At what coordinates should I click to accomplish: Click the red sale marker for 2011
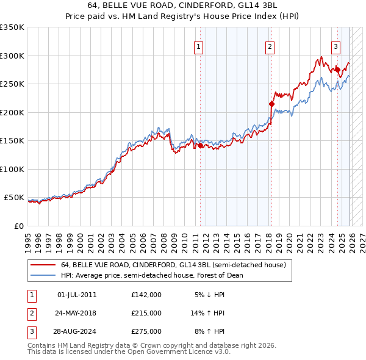click(x=200, y=146)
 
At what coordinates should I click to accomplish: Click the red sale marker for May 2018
click(x=272, y=104)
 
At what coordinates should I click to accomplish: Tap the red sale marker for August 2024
click(x=337, y=70)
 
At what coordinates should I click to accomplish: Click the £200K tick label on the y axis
click(x=12, y=112)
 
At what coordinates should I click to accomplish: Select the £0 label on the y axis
click(x=20, y=226)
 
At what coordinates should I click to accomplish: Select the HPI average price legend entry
click(x=152, y=275)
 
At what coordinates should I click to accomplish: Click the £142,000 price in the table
click(x=146, y=295)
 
